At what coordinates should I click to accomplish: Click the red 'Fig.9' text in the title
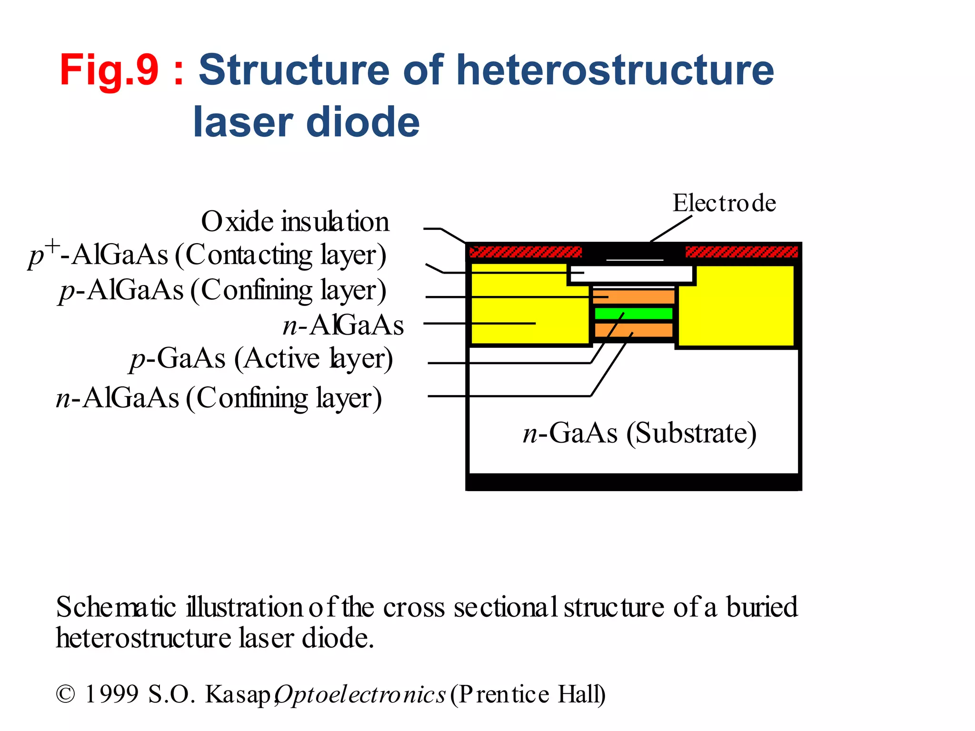click(x=109, y=70)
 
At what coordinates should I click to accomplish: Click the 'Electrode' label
click(x=724, y=203)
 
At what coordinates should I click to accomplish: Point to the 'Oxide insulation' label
click(x=295, y=222)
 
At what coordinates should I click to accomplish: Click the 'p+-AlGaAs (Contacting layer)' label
click(x=208, y=255)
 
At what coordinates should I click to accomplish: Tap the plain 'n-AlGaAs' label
click(x=343, y=326)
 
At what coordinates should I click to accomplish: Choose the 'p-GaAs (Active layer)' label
click(x=261, y=358)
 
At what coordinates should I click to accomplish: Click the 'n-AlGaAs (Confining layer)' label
click(x=219, y=398)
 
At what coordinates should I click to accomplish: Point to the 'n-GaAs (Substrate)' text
click(x=639, y=433)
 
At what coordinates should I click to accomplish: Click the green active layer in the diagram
click(x=633, y=314)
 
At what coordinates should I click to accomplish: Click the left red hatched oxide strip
click(x=526, y=252)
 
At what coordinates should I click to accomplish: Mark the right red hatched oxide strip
click(x=741, y=252)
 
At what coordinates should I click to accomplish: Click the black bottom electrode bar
click(x=633, y=482)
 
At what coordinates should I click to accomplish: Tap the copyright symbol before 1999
click(x=65, y=694)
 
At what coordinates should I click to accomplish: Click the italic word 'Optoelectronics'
click(x=360, y=694)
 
